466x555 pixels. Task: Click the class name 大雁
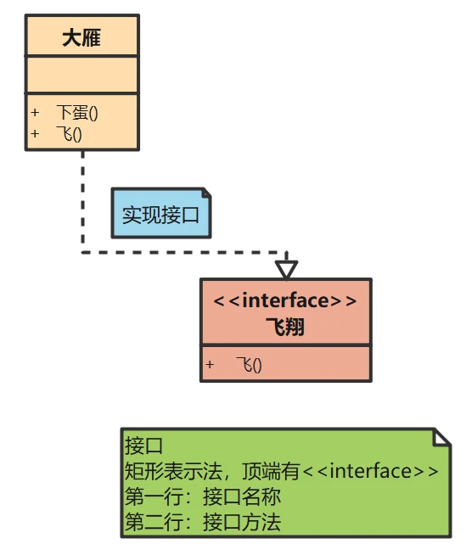(x=81, y=38)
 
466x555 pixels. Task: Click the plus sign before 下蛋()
(x=35, y=113)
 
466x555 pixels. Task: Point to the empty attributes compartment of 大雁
(x=81, y=76)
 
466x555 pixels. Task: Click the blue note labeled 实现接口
(x=160, y=214)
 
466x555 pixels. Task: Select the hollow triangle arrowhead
(x=287, y=269)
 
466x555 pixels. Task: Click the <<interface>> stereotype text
(x=285, y=301)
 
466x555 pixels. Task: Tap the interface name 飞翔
(x=285, y=327)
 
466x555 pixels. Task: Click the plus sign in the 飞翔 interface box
(x=210, y=365)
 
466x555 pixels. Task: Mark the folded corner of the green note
(x=441, y=436)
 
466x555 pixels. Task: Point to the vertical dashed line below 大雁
(x=82, y=199)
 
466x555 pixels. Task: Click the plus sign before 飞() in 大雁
(x=35, y=133)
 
